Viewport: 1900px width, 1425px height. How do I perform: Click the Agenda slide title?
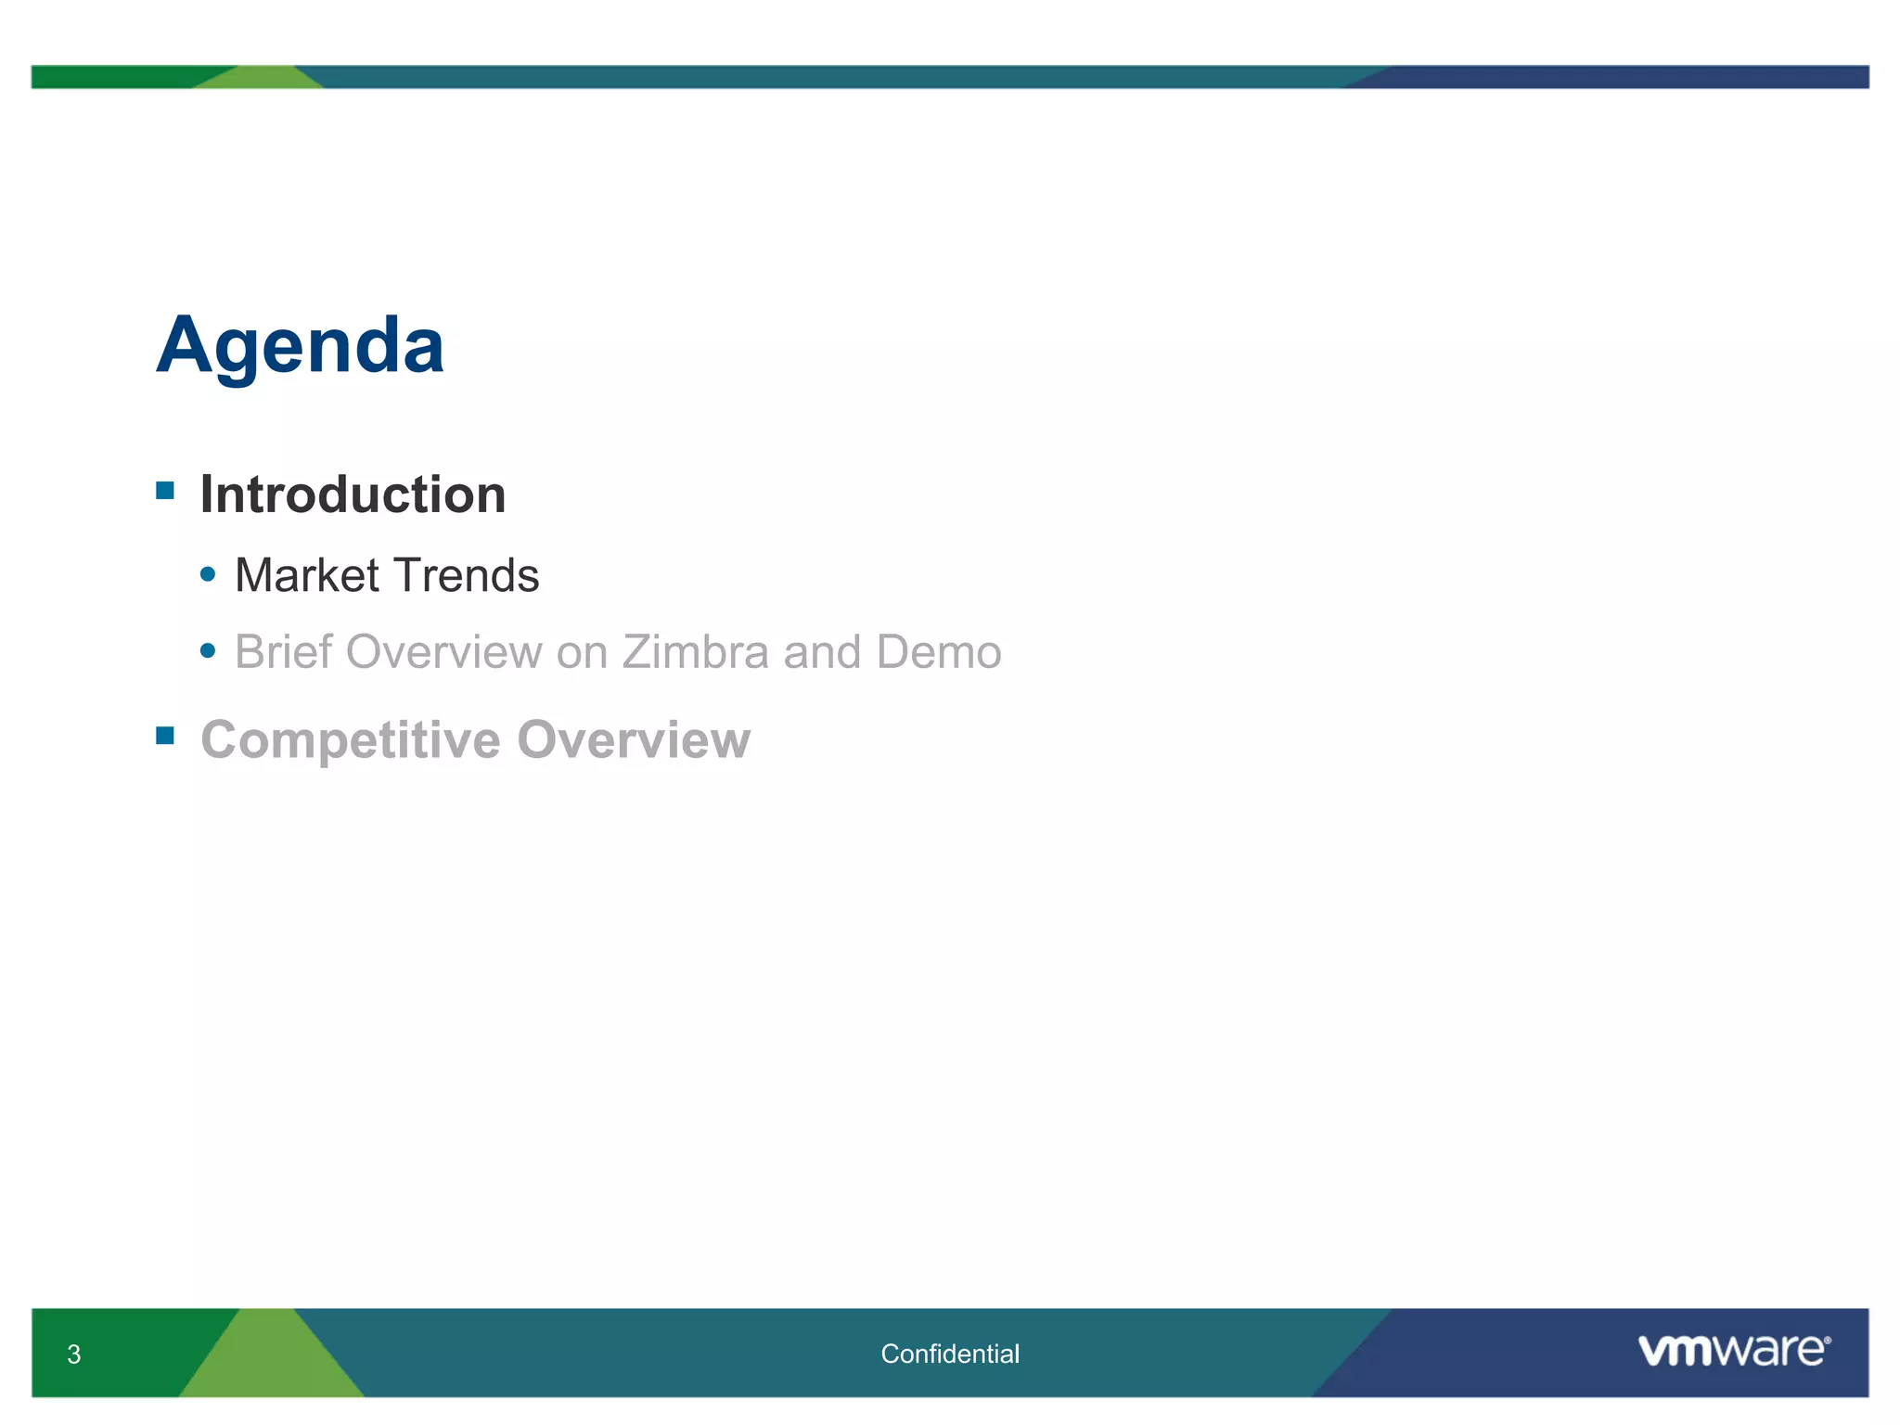[x=300, y=345]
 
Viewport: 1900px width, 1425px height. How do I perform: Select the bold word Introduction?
[x=353, y=494]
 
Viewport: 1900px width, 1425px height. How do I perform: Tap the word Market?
[x=307, y=575]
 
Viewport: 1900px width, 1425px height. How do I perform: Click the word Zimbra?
[x=695, y=651]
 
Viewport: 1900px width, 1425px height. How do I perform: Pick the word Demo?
[x=938, y=651]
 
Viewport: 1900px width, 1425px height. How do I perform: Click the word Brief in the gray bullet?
[x=283, y=651]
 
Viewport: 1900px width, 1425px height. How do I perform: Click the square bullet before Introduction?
[x=165, y=491]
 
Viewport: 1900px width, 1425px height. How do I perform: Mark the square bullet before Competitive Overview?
[x=165, y=736]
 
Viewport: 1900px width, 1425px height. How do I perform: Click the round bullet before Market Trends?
[x=208, y=575]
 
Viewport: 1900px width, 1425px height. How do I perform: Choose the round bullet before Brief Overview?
[x=208, y=651]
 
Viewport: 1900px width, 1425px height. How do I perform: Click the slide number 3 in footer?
[x=74, y=1354]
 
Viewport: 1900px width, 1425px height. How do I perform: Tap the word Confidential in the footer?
[x=949, y=1354]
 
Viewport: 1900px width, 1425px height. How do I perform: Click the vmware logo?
[x=1731, y=1350]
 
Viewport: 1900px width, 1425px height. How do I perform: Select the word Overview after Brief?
[x=443, y=651]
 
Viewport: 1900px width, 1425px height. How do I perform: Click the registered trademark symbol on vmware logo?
[x=1827, y=1341]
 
